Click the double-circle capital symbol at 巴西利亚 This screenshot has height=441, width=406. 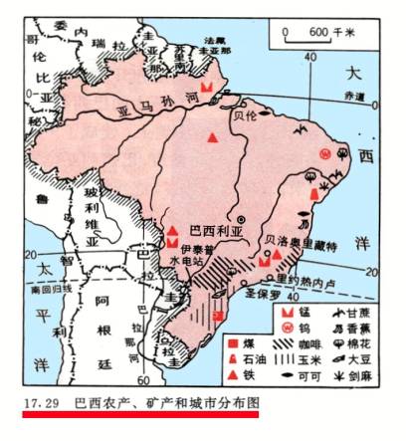[241, 218]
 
